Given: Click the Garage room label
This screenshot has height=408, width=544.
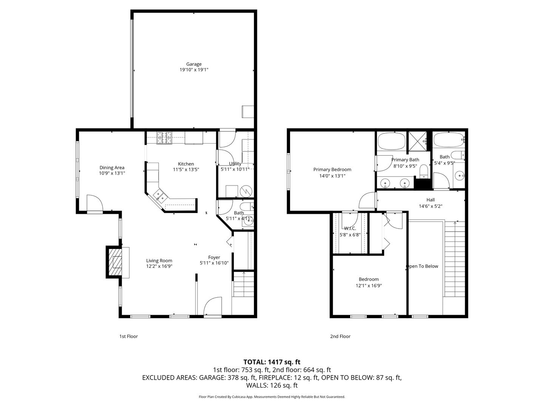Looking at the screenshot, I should pos(194,64).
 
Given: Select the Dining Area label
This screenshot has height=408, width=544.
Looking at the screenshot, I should pos(112,168).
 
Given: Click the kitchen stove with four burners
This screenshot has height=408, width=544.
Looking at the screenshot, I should pos(164,138).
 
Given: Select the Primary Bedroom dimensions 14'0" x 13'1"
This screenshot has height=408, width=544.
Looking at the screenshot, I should pos(332,176).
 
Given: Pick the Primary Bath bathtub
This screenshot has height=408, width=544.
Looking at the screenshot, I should pos(391,141).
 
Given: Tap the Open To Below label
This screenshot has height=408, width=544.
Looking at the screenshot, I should pos(422,266).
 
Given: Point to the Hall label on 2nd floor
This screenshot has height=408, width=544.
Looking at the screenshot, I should pos(431,200).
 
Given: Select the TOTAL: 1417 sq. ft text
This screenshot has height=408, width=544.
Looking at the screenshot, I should pos(272,362).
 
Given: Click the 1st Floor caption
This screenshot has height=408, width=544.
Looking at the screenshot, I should pos(128,336).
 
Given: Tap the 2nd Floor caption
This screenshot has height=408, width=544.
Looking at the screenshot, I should pos(340,336).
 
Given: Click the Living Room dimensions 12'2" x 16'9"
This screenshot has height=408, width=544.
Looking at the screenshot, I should pos(159,266).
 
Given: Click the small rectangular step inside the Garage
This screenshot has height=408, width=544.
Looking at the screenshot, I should pos(248,112).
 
